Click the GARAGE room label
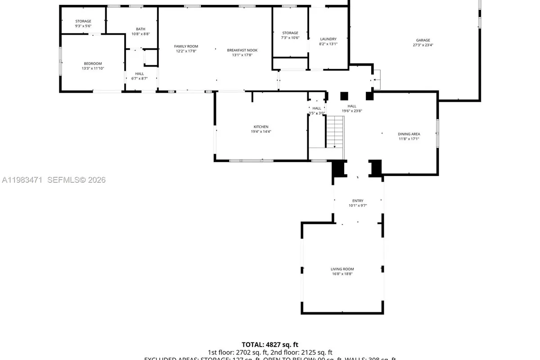coord(423,40)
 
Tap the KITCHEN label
coord(261,127)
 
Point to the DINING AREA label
coord(409,134)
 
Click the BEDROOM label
coord(93,63)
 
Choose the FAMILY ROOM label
coord(186,46)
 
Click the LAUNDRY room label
coord(328,39)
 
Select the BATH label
coord(140,29)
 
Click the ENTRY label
coord(358,201)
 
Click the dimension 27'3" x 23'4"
coord(423,45)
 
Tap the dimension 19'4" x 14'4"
coord(261,131)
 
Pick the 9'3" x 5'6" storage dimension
coord(83,26)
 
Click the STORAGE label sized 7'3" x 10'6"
coord(290,33)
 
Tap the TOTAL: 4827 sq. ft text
coord(270,344)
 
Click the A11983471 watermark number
coord(22,180)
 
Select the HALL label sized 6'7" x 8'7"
coord(139,73)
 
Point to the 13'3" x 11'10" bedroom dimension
coord(93,68)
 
